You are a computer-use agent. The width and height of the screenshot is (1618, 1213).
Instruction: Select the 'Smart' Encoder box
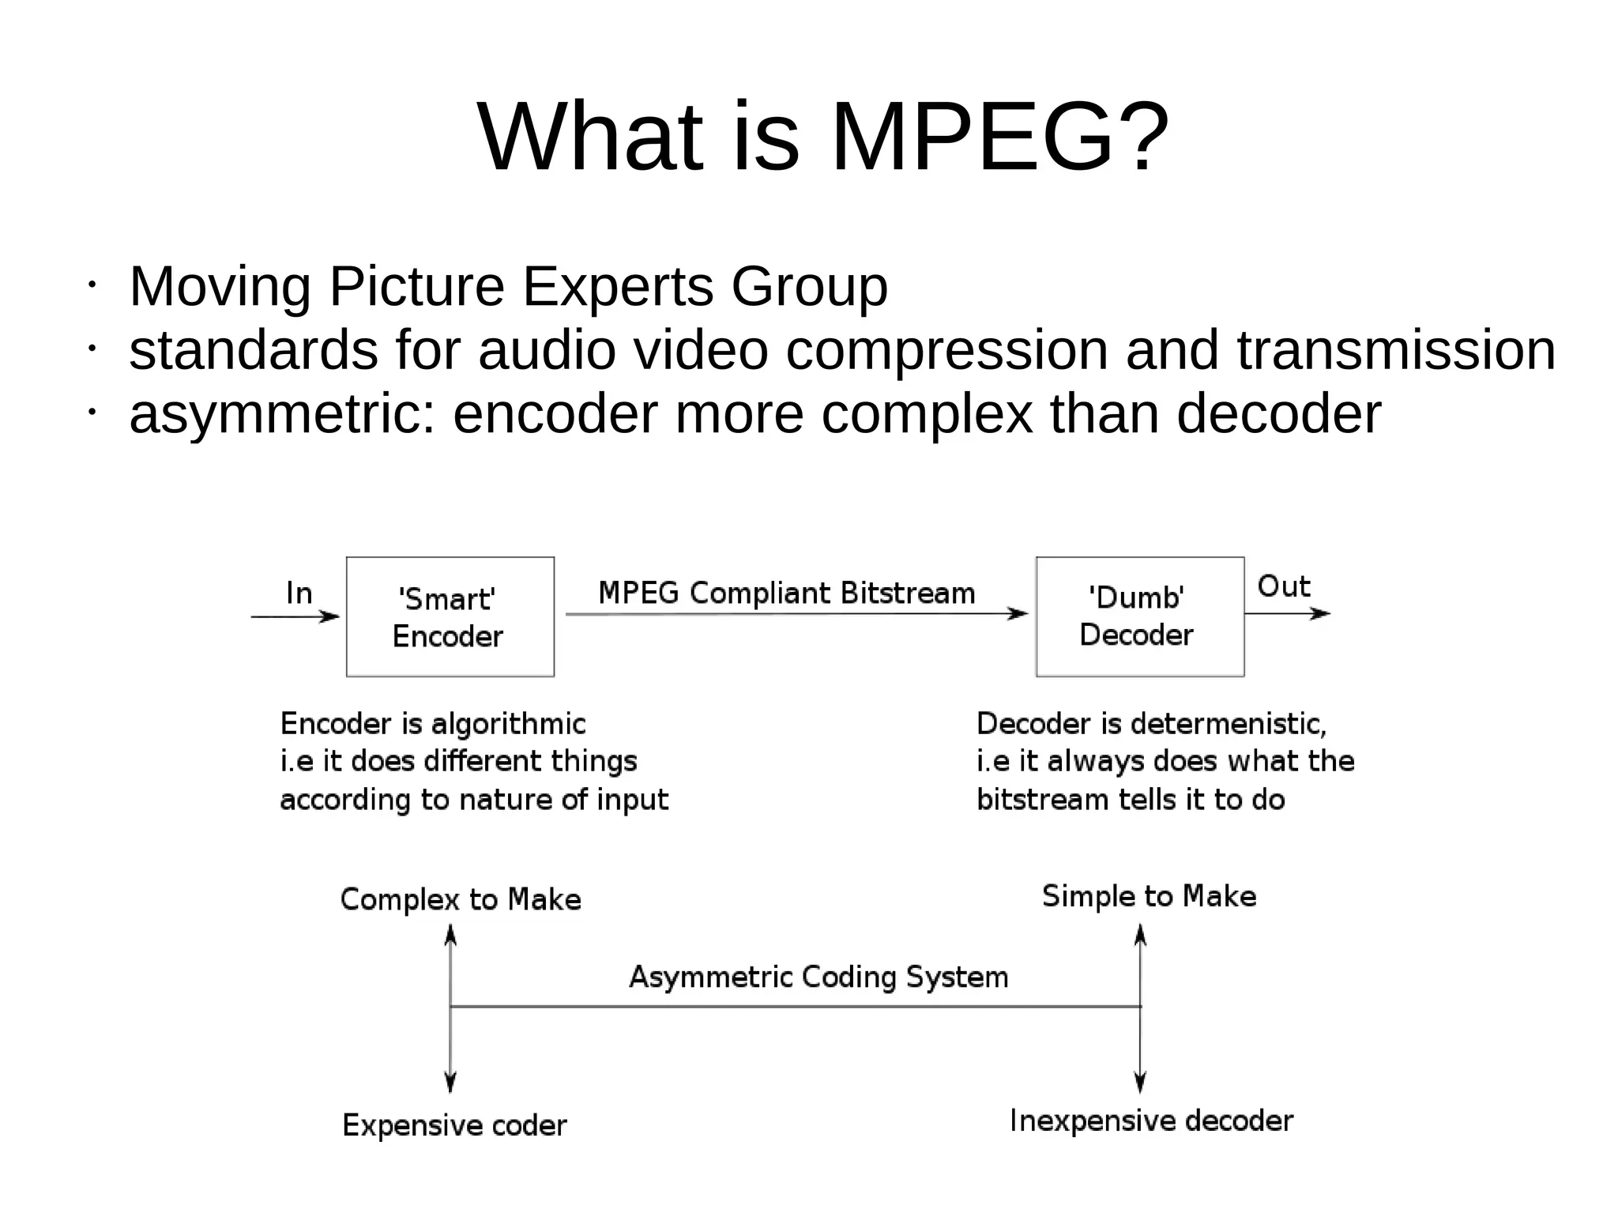coord(450,617)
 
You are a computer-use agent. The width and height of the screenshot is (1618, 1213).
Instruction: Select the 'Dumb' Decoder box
coord(1139,617)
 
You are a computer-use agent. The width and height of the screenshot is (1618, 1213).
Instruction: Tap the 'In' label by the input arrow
coord(299,593)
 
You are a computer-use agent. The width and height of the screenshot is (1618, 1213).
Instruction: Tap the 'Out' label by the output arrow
coord(1283,586)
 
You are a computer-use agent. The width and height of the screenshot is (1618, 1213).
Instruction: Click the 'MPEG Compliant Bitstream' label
coord(787,593)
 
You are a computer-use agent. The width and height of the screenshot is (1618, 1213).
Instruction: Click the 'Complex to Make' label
coord(461,900)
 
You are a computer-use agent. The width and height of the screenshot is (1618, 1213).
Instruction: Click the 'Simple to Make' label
coord(1149,896)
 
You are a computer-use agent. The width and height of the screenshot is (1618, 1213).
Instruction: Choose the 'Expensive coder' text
coord(454,1125)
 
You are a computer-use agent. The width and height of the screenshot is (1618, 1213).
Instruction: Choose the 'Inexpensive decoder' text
coord(1151,1121)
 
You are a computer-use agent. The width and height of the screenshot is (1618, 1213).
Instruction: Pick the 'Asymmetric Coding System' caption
coord(818,978)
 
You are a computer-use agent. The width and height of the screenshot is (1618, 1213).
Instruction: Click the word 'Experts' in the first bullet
coord(618,287)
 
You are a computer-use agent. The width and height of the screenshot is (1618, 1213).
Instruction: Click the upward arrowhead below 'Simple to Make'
coord(1140,936)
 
